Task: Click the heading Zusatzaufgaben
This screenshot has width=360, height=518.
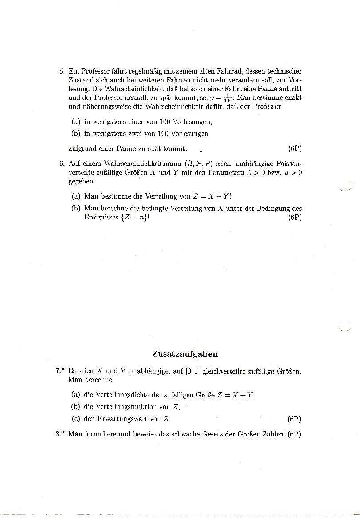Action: pos(185,354)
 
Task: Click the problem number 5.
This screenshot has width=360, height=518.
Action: pos(61,71)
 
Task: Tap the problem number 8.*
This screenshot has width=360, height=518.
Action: pos(61,434)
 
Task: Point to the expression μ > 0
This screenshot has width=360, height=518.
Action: pos(292,172)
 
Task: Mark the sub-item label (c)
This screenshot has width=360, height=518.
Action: pos(76,419)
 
